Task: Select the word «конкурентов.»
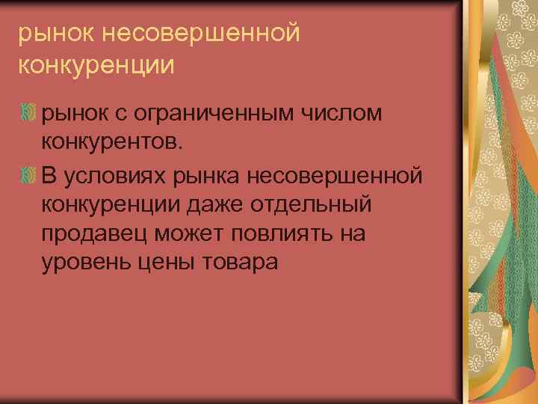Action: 112,143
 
